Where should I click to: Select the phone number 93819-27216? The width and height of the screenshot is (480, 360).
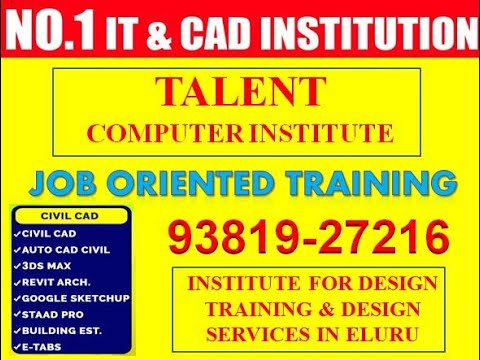(x=306, y=238)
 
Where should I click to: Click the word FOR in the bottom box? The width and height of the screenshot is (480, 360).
(x=308, y=283)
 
